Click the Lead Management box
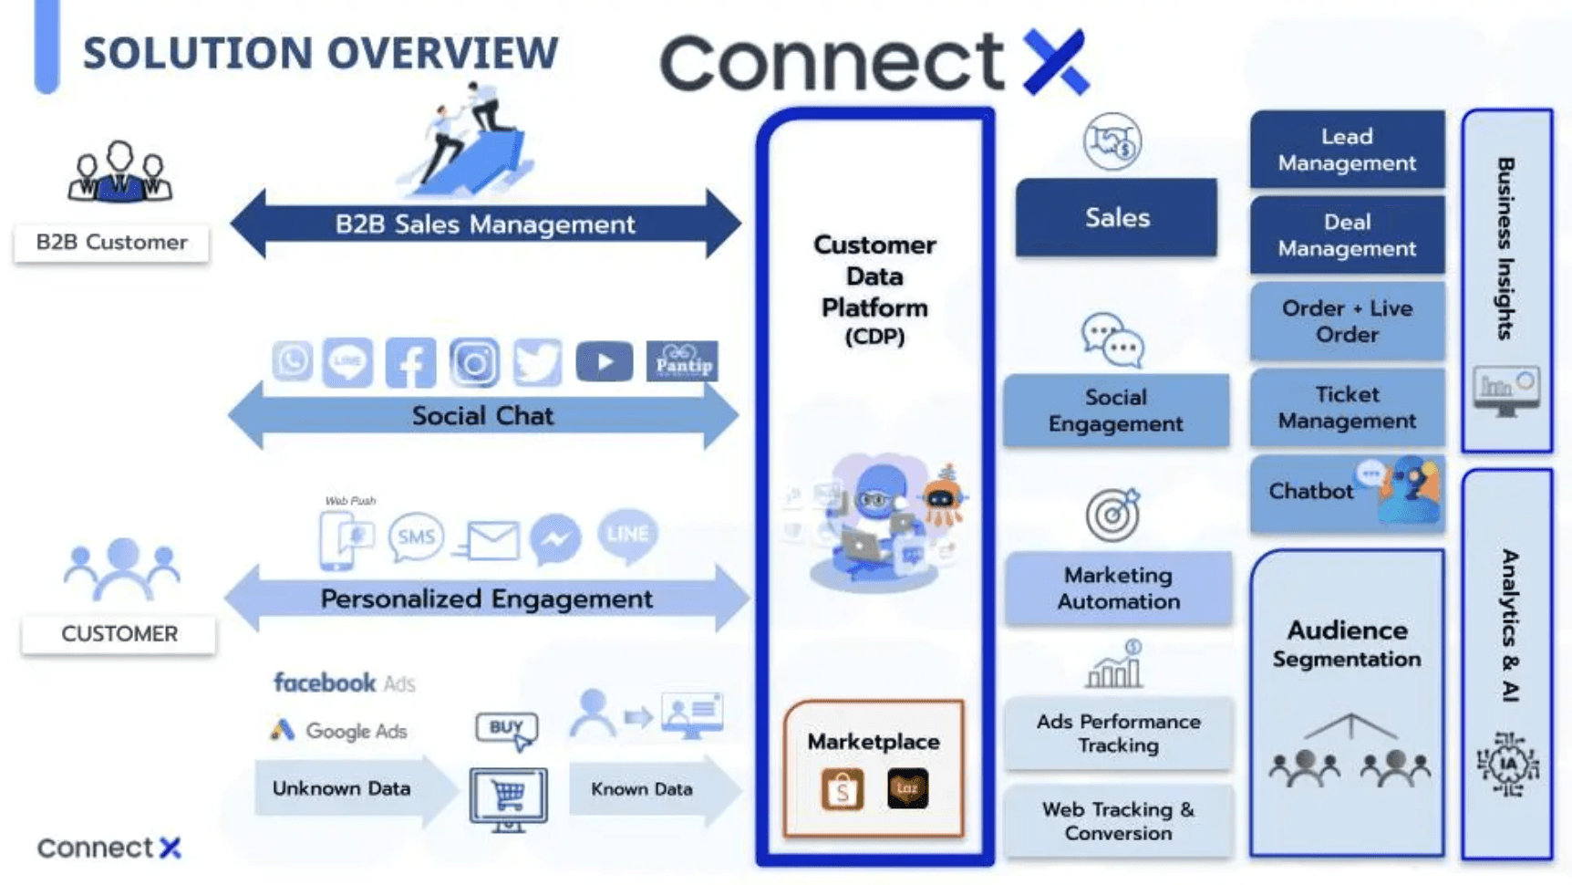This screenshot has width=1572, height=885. [1346, 150]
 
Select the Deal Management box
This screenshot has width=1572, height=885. [1346, 235]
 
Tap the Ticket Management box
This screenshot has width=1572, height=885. [1346, 408]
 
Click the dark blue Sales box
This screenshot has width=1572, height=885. [1116, 218]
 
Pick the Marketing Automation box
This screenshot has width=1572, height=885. [1118, 588]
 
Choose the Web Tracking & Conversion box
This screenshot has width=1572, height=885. [1118, 821]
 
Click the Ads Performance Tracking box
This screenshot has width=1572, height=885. [1118, 734]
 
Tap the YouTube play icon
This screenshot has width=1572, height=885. [604, 362]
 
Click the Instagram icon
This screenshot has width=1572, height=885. [474, 362]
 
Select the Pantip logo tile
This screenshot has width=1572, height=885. [681, 362]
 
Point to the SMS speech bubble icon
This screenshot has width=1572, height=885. [416, 536]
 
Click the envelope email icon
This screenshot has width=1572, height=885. [491, 540]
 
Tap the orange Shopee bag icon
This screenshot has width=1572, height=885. [842, 789]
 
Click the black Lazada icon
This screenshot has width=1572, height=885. [907, 788]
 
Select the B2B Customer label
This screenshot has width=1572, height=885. [111, 243]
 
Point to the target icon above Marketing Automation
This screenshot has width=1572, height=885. [1112, 515]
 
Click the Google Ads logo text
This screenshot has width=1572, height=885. [339, 731]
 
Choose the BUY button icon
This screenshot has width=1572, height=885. [507, 728]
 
